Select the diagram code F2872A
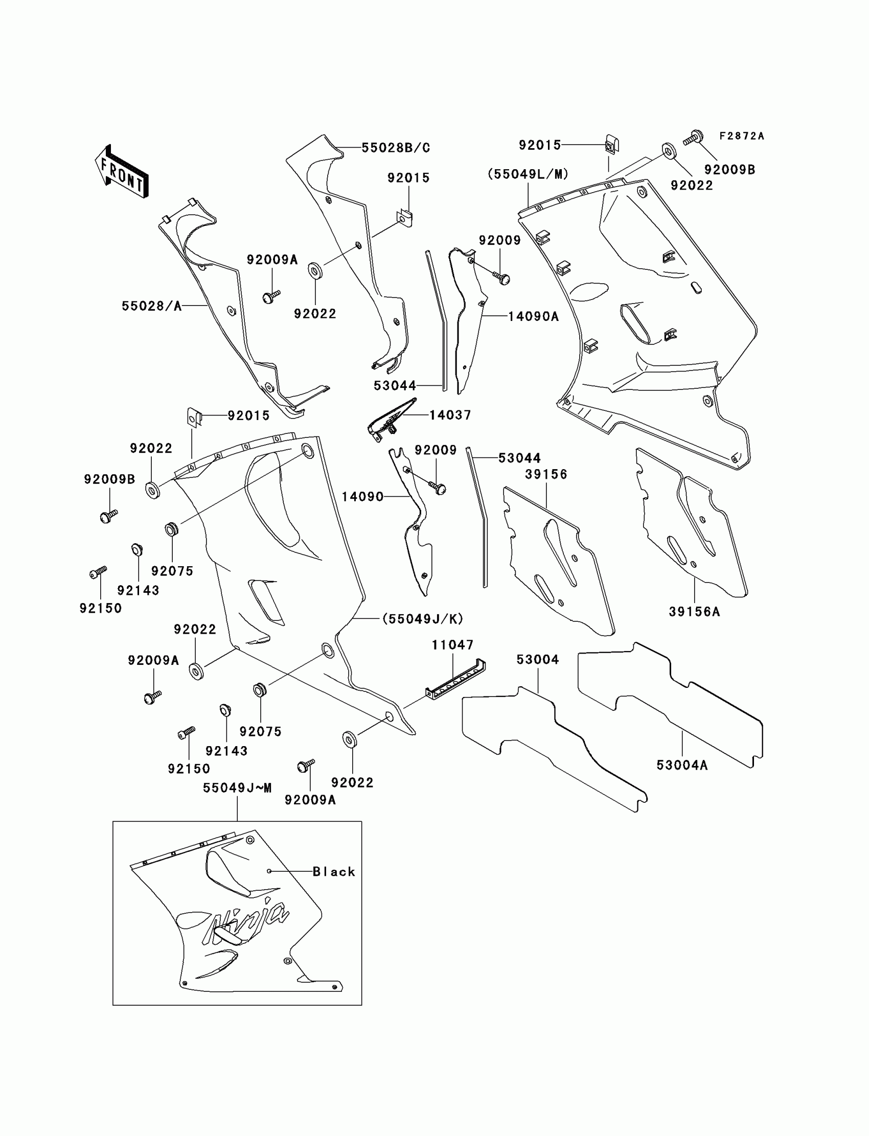tap(741, 136)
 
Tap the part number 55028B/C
tap(396, 148)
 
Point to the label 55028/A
tap(151, 306)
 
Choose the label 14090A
tap(533, 316)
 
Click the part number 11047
tap(452, 645)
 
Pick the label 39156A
tap(694, 612)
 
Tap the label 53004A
tap(682, 765)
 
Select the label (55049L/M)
tap(528, 174)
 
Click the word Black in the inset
tap(334, 872)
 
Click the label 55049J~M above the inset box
tap(237, 787)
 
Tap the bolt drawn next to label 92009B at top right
tap(693, 138)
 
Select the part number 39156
tap(546, 474)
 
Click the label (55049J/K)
tap(423, 618)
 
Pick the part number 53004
tap(537, 659)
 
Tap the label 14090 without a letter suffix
tap(362, 497)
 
